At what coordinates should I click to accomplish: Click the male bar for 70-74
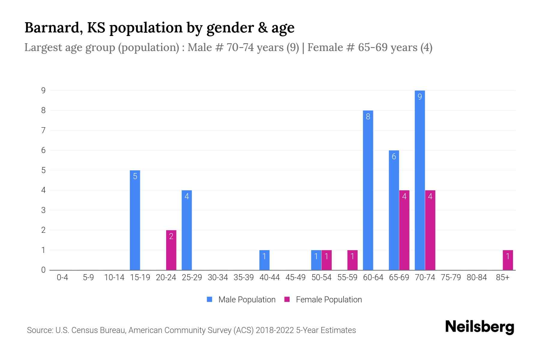pos(420,180)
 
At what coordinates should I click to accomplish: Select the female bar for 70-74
pos(430,230)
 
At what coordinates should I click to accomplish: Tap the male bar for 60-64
pos(368,190)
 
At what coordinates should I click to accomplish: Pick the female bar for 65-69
pos(404,230)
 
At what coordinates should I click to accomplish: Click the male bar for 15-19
pos(135,220)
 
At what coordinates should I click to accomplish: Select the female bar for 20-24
pos(171,250)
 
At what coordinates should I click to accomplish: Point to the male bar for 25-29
pos(187,230)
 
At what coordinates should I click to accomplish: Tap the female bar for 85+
pos(508,260)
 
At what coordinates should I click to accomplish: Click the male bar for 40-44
pos(264,260)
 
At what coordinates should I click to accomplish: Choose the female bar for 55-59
pos(352,260)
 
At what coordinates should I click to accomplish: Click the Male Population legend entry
pos(241,299)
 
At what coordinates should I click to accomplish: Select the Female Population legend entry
pos(323,299)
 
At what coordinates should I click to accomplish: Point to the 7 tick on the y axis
pos(43,130)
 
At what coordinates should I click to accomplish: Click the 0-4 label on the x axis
pos(62,277)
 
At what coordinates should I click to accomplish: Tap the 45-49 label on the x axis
pos(295,277)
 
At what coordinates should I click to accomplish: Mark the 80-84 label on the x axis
pos(477,277)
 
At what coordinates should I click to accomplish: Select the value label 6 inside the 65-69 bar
pos(394,156)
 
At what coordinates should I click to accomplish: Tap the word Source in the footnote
pos(40,330)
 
